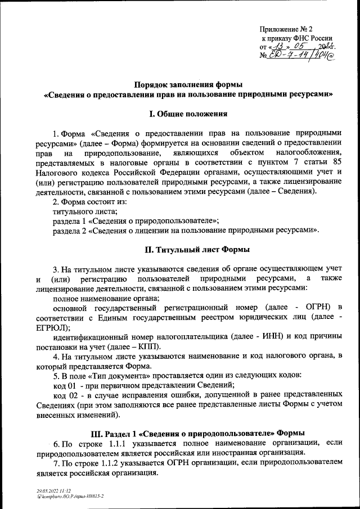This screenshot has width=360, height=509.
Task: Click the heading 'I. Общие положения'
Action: (187, 114)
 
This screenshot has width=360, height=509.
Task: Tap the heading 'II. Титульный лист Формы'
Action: (187, 249)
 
